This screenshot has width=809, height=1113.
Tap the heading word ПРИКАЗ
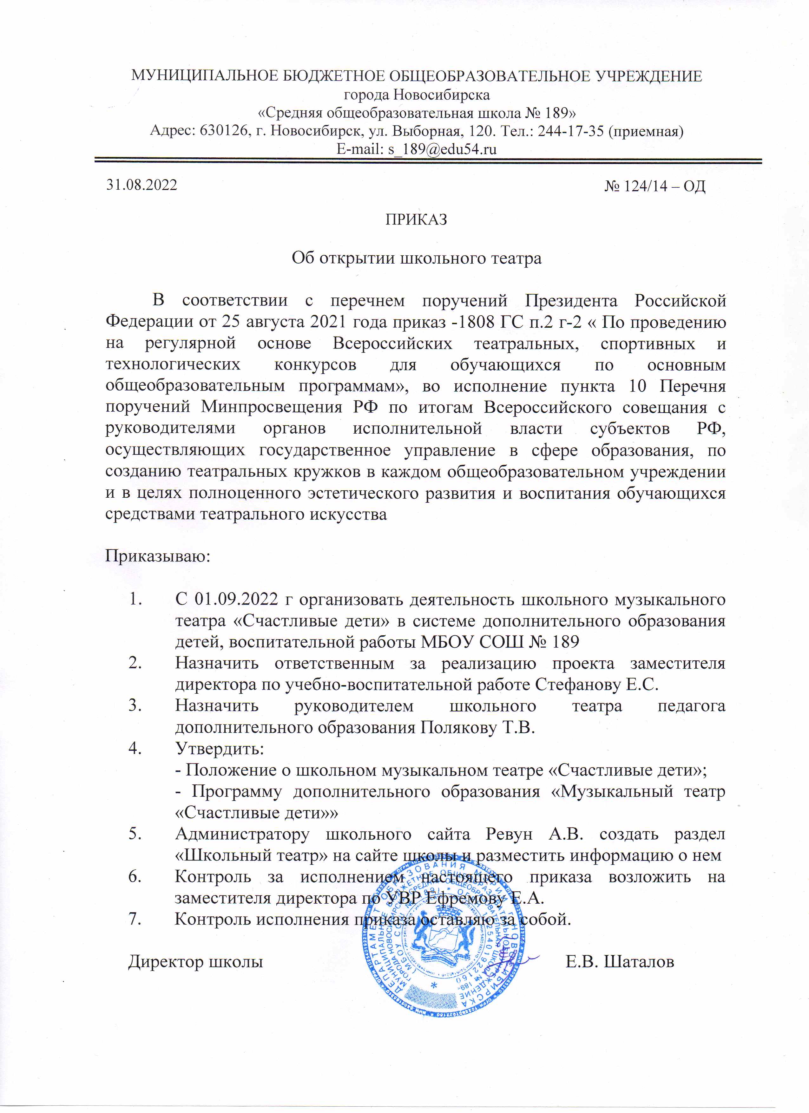[416, 219]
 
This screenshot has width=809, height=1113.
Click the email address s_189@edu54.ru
[442, 149]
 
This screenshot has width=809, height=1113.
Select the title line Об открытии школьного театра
[416, 258]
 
